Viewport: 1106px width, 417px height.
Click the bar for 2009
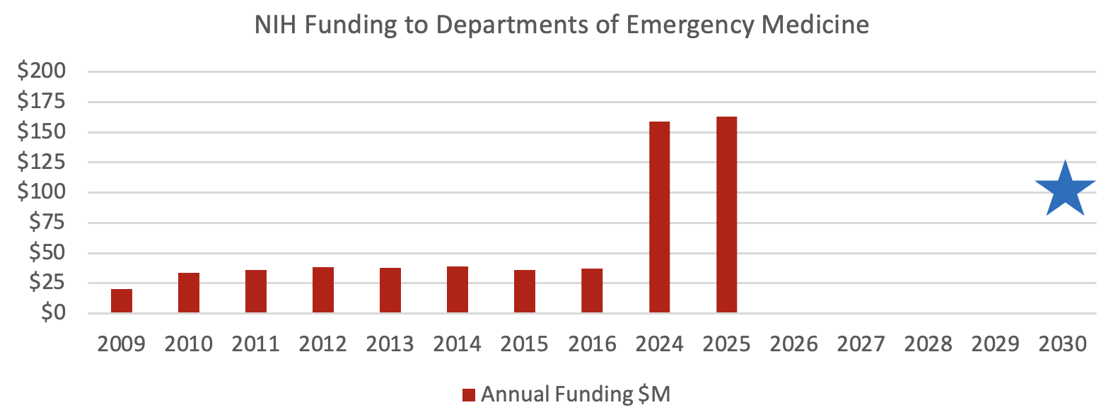pos(122,301)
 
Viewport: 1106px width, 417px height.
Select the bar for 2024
pos(659,217)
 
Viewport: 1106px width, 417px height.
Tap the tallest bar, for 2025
pos(726,215)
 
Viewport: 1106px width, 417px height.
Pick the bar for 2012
pos(323,290)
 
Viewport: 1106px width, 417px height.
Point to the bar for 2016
pos(592,290)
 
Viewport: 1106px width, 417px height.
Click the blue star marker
pos(1065,190)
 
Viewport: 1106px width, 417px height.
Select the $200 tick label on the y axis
pos(44,72)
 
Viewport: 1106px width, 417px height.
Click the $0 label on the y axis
pos(53,313)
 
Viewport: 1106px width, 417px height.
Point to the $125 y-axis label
pos(44,163)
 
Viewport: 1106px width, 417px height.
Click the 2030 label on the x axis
pos(1062,344)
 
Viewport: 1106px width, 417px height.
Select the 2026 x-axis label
pos(793,344)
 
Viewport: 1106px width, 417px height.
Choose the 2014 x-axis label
pos(458,344)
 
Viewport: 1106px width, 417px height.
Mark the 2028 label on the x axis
pos(928,344)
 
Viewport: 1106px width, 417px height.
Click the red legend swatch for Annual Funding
pos(468,395)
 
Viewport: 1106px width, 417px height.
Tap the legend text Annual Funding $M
pos(575,394)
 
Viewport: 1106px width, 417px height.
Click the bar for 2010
pos(189,293)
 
